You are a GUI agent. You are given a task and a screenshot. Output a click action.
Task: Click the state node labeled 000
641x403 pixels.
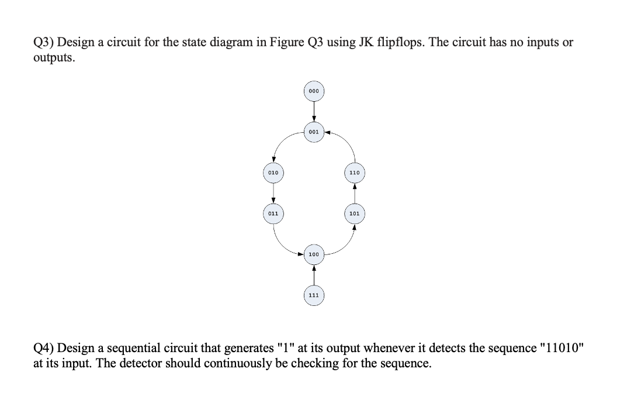[x=314, y=91]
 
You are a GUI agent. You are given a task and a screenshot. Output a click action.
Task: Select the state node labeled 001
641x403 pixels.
[x=314, y=132]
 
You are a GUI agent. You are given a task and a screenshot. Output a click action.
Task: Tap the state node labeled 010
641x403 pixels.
[x=273, y=173]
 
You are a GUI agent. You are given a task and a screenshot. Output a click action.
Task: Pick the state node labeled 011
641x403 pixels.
[x=273, y=213]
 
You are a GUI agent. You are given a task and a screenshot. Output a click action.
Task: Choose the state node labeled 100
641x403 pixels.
[x=314, y=254]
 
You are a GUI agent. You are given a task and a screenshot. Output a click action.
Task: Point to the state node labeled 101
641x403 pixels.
[x=354, y=213]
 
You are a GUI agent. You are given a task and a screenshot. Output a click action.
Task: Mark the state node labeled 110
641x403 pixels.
[x=354, y=173]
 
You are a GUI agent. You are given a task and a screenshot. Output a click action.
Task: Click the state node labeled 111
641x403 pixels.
[x=314, y=295]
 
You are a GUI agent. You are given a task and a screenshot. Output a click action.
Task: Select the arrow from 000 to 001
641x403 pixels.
[x=314, y=112]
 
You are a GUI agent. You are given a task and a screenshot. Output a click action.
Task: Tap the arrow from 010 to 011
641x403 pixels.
[x=273, y=193]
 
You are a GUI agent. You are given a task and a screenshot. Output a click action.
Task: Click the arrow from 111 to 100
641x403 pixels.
[x=314, y=275]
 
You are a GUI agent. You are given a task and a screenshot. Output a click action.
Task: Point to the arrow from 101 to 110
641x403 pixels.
[x=354, y=194]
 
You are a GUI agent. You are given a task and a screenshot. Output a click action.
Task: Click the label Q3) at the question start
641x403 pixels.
[x=43, y=43]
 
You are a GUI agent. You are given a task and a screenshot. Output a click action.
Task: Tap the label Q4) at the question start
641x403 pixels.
[x=43, y=349]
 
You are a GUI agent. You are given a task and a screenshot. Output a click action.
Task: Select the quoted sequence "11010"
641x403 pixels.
[x=563, y=349]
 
